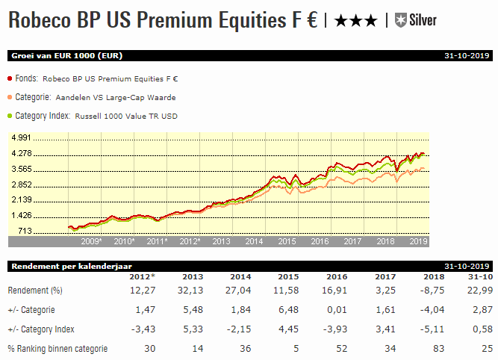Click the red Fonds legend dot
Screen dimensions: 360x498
coord(10,78)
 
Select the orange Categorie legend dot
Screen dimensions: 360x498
coord(10,96)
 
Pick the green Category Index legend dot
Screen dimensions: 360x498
coord(10,116)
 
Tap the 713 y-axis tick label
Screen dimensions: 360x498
coord(24,231)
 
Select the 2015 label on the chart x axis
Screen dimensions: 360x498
coord(287,242)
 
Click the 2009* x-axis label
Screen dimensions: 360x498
coord(91,242)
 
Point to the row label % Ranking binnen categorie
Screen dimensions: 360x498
coord(57,348)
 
